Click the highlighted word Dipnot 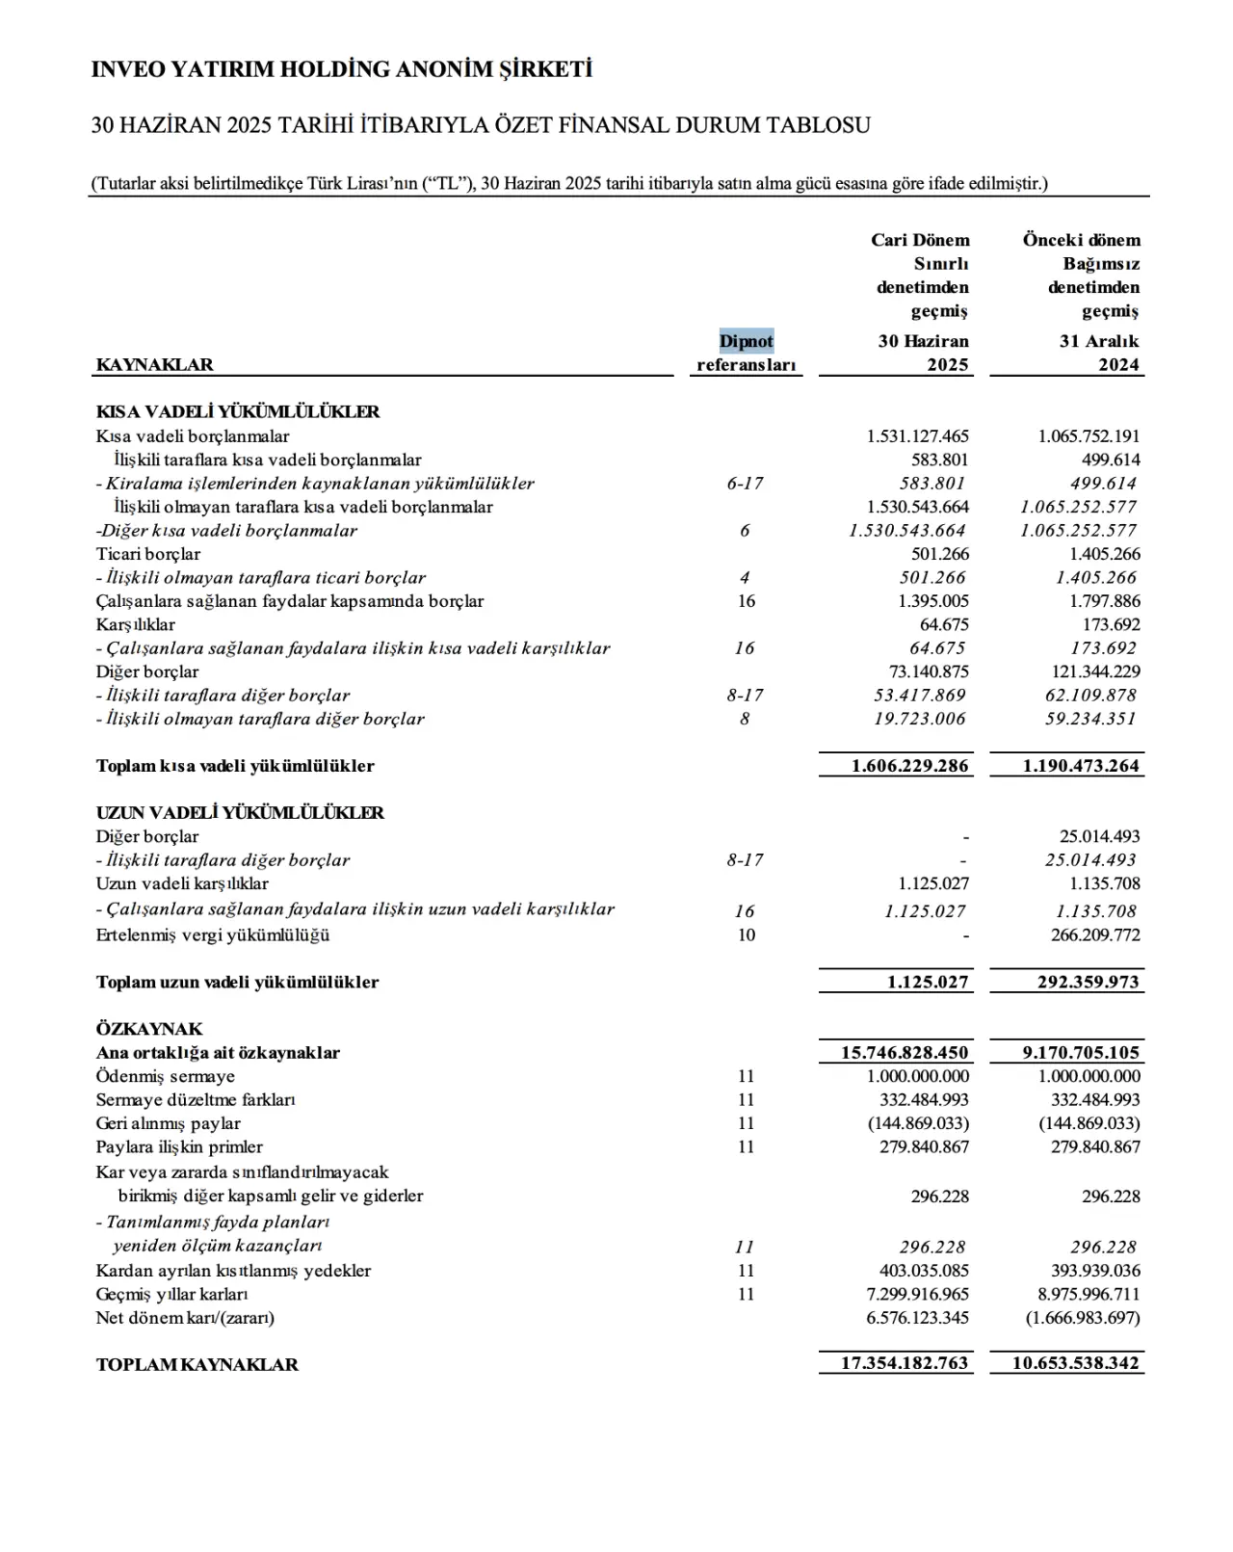pyautogui.click(x=747, y=341)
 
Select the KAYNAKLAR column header pyautogui.click(x=155, y=365)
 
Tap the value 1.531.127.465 pyautogui.click(x=917, y=436)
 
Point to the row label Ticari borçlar pyautogui.click(x=148, y=554)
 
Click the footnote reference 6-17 pyautogui.click(x=745, y=484)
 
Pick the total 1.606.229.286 pyautogui.click(x=909, y=766)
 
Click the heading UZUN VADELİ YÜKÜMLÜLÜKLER pyautogui.click(x=240, y=813)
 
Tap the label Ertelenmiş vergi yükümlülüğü pyautogui.click(x=213, y=934)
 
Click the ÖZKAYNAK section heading pyautogui.click(x=149, y=1029)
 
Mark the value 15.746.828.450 pyautogui.click(x=904, y=1053)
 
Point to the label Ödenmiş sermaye pyautogui.click(x=166, y=1076)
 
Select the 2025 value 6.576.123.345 pyautogui.click(x=917, y=1318)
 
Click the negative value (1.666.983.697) pyautogui.click(x=1082, y=1318)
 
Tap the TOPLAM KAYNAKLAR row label pyautogui.click(x=197, y=1364)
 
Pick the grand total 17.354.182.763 pyautogui.click(x=905, y=1363)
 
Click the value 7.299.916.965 pyautogui.click(x=917, y=1294)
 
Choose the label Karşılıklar pyautogui.click(x=136, y=624)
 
